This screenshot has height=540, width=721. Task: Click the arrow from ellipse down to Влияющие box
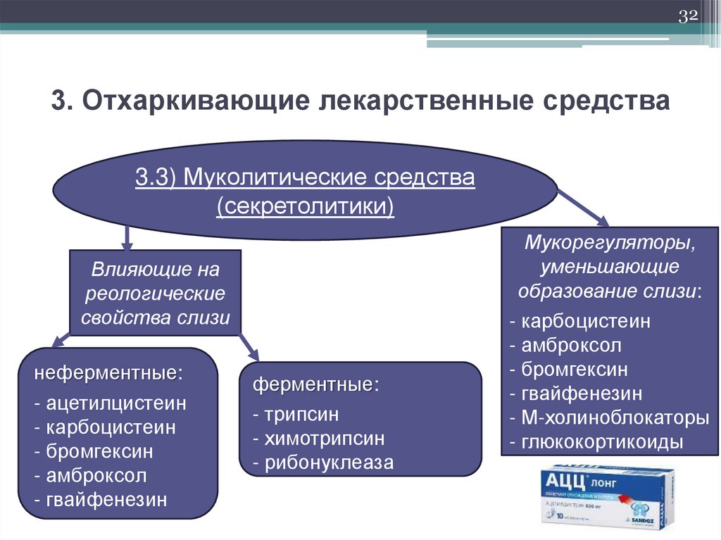(x=127, y=237)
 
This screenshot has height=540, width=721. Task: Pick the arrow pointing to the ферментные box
(x=246, y=345)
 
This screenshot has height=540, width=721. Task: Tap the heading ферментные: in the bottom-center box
(x=316, y=386)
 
